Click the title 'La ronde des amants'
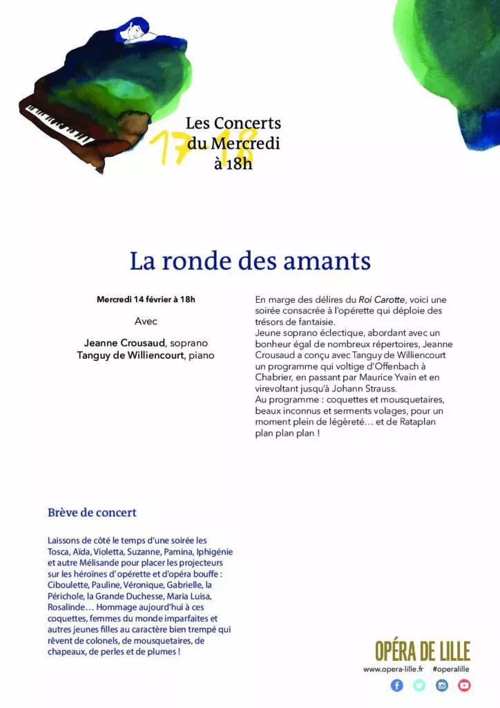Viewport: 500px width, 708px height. tap(250, 261)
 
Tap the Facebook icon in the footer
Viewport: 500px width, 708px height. tap(396, 685)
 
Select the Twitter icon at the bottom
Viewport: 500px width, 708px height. tap(419, 685)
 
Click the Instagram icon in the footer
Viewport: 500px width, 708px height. tap(442, 685)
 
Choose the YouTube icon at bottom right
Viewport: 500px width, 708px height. tap(464, 685)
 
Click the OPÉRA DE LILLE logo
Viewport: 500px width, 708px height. tap(422, 651)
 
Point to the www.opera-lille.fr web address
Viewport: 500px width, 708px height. tap(393, 669)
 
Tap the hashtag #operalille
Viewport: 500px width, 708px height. tap(451, 669)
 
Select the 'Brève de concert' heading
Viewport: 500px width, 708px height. tap(92, 512)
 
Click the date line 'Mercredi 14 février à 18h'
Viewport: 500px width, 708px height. tap(146, 299)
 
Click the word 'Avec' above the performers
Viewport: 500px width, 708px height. tap(146, 322)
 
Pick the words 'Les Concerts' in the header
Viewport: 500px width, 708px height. tap(233, 124)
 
